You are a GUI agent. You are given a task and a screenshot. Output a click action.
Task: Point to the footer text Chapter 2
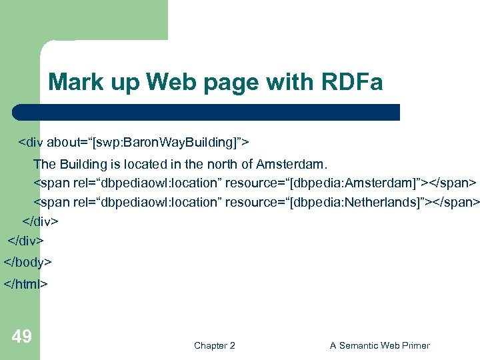[214, 345]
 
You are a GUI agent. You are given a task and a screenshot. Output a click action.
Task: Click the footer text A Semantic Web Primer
[379, 345]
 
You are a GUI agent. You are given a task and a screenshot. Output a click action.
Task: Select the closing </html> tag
[26, 284]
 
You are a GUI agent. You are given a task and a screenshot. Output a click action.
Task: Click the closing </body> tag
[28, 262]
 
